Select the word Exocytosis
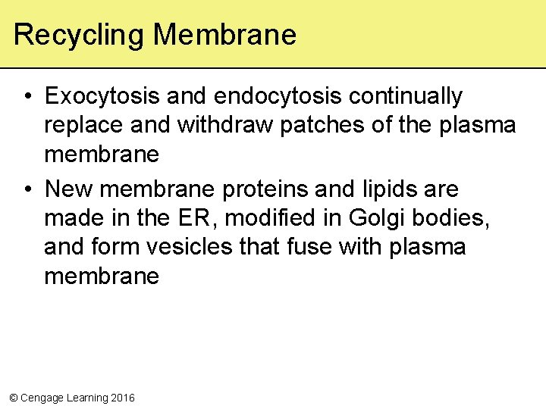(102, 97)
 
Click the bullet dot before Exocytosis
(27, 97)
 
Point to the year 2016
(122, 398)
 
